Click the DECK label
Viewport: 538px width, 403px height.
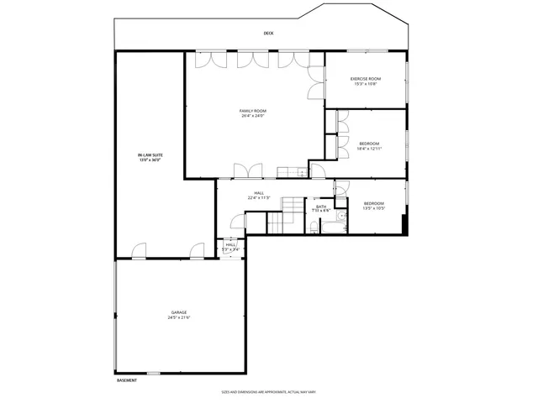[x=268, y=34]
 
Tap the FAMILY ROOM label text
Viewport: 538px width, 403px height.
[x=253, y=111]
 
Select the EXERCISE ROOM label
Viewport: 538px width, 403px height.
[x=366, y=79]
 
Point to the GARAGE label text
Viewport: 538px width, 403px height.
[x=180, y=312]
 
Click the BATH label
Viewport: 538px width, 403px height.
[x=321, y=207]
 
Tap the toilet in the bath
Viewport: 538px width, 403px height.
[x=313, y=225]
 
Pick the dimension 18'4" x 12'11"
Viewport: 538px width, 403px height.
[x=369, y=149]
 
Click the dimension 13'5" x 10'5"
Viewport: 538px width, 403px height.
[x=373, y=208]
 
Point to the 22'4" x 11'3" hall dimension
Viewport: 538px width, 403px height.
[x=259, y=198]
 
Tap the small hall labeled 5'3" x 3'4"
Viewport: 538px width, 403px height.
[x=230, y=247]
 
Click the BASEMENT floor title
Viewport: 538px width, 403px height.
[x=126, y=380]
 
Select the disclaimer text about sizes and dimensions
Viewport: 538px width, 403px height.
[x=267, y=391]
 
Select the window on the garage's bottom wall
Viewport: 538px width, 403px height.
[x=154, y=373]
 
